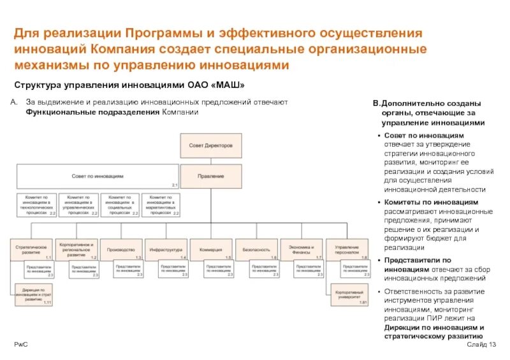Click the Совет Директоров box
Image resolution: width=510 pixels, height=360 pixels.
pyautogui.click(x=211, y=146)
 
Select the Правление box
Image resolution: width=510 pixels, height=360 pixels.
pyautogui.click(x=211, y=175)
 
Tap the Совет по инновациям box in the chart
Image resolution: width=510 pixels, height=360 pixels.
pyautogui.click(x=98, y=175)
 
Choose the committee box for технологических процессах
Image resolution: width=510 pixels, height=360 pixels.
pyautogui.click(x=36, y=204)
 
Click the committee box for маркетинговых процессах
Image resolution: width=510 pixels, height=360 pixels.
pyautogui.click(x=160, y=204)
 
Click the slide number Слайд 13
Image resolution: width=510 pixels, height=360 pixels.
pyautogui.click(x=481, y=345)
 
